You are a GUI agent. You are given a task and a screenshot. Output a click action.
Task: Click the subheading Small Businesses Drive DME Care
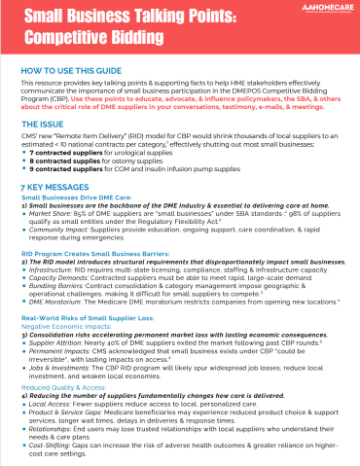[x=75, y=197]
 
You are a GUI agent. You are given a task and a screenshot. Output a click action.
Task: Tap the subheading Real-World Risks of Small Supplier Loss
[x=87, y=318]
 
